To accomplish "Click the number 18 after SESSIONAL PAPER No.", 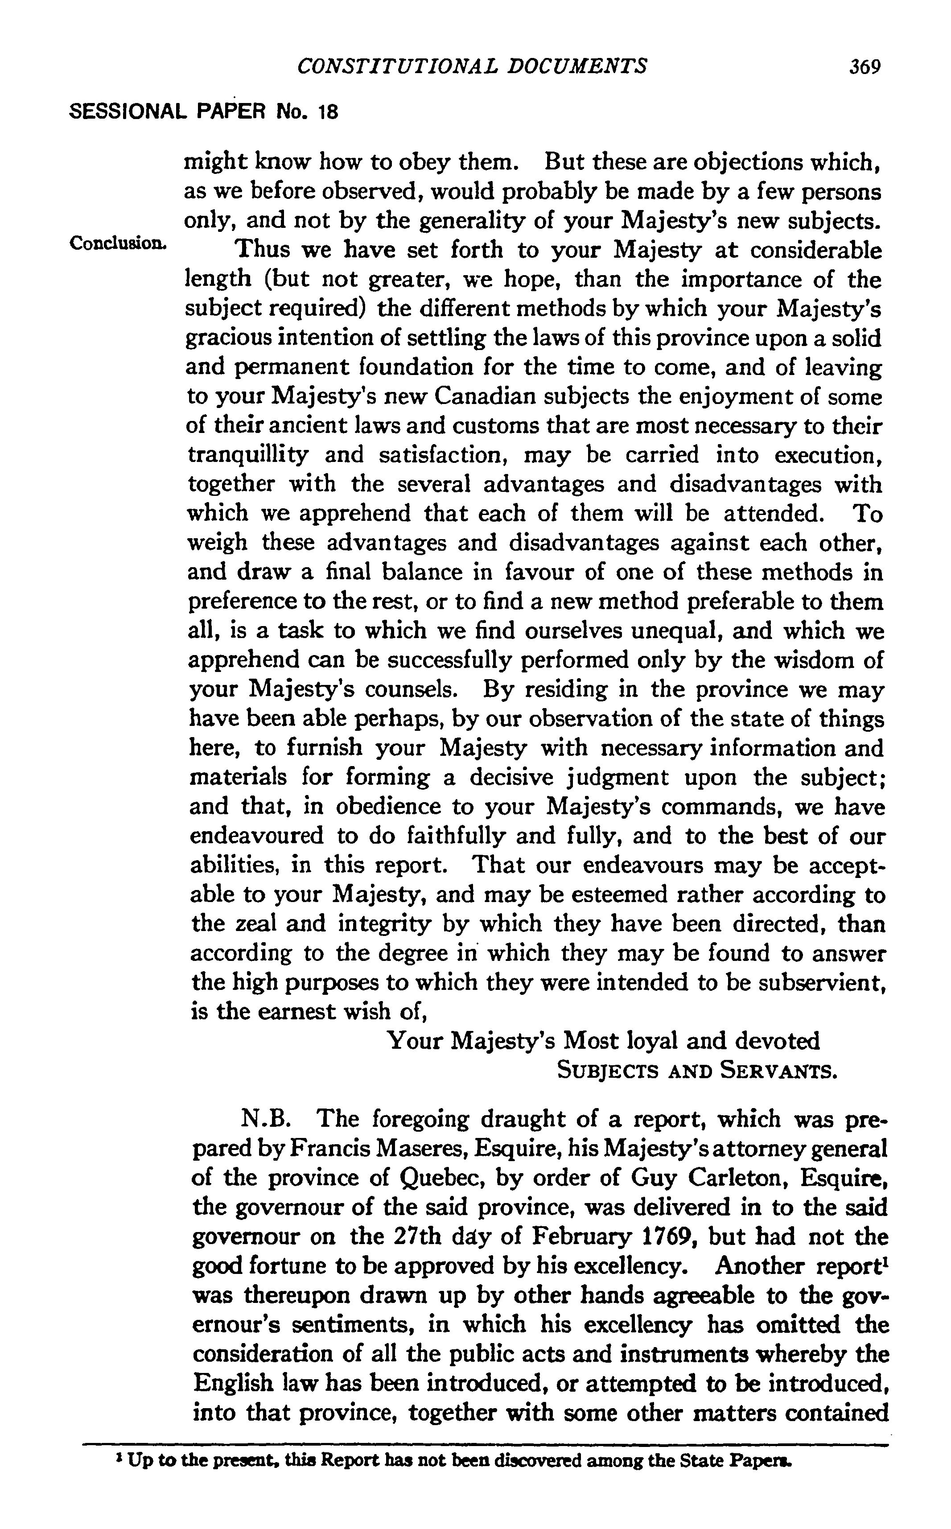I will coord(328,112).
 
